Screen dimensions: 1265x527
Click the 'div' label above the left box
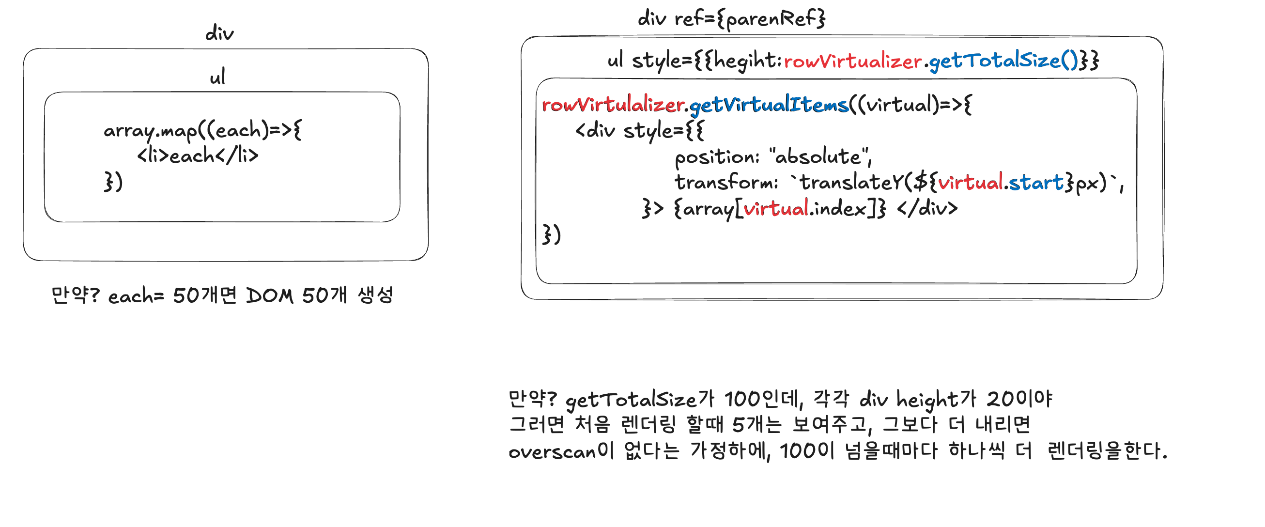[219, 33]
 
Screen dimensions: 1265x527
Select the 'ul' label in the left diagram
[217, 77]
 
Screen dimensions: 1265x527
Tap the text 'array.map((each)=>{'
[202, 131]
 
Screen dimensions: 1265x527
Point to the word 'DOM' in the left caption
[270, 295]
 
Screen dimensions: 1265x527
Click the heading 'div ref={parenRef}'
[731, 19]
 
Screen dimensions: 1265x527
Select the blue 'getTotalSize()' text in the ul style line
[1003, 61]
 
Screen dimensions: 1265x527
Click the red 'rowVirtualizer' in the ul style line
[852, 62]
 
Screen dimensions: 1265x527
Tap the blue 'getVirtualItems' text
[769, 105]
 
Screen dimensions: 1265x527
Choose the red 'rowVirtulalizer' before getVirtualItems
[613, 105]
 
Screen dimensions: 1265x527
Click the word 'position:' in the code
[717, 157]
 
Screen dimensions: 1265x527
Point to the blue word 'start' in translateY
[1035, 183]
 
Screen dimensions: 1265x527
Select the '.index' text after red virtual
[838, 209]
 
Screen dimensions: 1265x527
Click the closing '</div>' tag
[927, 209]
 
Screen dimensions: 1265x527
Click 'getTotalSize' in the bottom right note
[631, 400]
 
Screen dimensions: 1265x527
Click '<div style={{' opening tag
[639, 131]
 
